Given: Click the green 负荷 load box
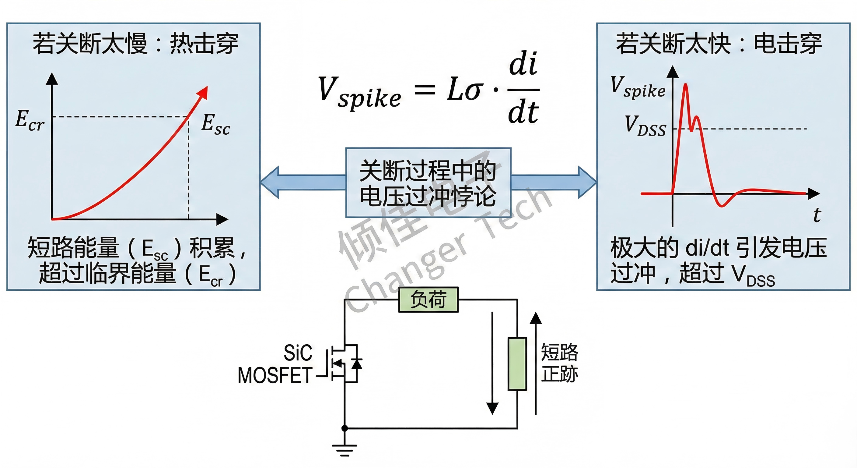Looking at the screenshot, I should tap(428, 300).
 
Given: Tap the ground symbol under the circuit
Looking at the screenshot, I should tap(345, 450).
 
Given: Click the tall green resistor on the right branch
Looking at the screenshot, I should tap(517, 363).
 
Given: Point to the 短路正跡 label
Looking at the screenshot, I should tap(559, 363).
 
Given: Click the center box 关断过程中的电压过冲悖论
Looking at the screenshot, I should tap(428, 183).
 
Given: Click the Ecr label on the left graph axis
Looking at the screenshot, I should tap(30, 121).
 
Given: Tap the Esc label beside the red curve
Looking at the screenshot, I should tap(215, 124).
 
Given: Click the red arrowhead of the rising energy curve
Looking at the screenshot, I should tap(203, 93).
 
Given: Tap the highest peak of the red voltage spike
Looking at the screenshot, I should tap(685, 85).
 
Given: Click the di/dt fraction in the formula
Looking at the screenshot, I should tap(523, 88).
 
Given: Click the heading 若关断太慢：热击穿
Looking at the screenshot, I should tap(135, 44).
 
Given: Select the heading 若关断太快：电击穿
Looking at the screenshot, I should tap(719, 44).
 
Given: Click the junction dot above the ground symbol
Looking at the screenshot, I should tap(345, 428).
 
